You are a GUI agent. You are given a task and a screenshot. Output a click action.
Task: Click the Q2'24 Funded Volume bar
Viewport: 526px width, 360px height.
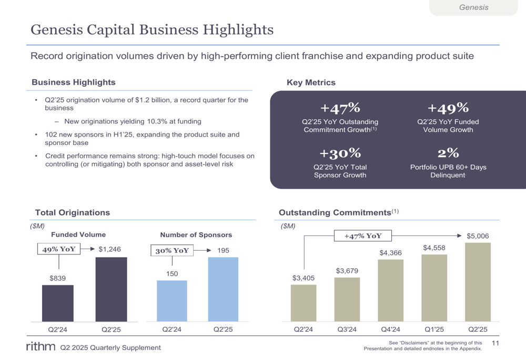tap(58, 303)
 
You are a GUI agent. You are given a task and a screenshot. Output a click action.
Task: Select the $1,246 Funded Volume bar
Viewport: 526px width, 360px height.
tap(111, 289)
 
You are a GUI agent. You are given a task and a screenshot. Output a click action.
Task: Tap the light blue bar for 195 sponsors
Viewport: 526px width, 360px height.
tap(223, 289)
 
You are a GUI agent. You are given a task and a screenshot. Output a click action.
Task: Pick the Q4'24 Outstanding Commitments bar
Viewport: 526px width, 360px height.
tap(390, 290)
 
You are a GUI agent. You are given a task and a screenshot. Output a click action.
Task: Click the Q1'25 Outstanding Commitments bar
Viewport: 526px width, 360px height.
tap(434, 288)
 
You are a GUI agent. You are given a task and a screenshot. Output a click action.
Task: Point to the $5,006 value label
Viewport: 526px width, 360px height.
tap(478, 235)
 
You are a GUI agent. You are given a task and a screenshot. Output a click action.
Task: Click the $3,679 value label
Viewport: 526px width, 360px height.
tap(347, 271)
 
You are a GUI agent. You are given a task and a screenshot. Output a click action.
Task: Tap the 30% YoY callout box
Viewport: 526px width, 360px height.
tap(172, 251)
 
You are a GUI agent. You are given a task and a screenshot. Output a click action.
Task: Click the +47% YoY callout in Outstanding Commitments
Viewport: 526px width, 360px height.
tap(363, 236)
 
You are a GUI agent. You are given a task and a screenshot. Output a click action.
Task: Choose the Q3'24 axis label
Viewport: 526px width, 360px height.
tap(347, 330)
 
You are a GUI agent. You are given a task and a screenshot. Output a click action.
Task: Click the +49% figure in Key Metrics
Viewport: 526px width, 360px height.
tap(448, 108)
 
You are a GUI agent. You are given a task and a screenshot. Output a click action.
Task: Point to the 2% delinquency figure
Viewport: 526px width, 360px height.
tap(448, 153)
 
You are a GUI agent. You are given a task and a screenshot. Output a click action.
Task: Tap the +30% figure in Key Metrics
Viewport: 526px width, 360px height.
tap(340, 153)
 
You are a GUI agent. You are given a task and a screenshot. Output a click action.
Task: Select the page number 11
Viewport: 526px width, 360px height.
tap(495, 343)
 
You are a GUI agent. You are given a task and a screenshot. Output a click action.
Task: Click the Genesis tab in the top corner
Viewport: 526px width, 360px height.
tap(473, 7)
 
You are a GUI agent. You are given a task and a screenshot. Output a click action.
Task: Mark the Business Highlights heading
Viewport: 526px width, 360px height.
tap(74, 82)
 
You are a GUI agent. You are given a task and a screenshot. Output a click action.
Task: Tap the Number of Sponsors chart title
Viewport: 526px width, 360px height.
tap(196, 235)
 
